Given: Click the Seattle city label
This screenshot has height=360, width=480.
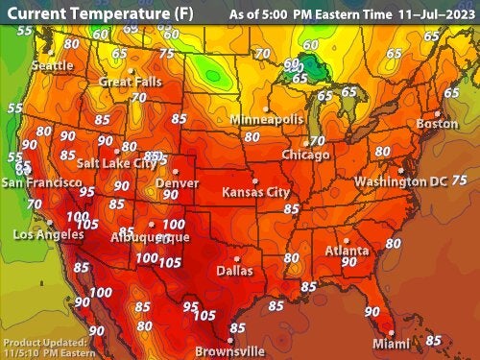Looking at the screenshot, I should [52, 65].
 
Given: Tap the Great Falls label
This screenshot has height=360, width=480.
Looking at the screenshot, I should [131, 82].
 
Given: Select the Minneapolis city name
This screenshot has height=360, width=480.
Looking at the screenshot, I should [266, 118].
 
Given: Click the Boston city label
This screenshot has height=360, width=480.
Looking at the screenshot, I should [437, 123].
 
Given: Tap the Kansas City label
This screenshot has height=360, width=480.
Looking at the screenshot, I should [255, 192].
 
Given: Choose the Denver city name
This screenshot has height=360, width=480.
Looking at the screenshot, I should [177, 182].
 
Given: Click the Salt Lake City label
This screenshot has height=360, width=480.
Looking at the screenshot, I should [116, 163].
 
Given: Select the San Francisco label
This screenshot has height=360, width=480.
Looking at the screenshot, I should [40, 181].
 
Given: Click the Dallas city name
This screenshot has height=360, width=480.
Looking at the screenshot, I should [234, 271].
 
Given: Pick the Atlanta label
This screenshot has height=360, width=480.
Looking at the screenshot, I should [347, 252].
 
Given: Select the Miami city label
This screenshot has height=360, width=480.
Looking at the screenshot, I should [391, 344].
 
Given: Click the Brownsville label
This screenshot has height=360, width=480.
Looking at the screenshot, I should [229, 351].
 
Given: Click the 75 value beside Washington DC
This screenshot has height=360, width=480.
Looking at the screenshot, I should [459, 180].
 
